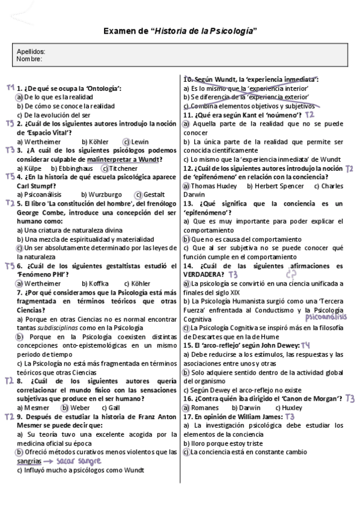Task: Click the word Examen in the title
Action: [120, 31]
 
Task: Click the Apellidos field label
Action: [31, 52]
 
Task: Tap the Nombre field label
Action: [29, 59]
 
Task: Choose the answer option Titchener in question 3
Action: [124, 168]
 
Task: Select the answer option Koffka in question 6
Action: [98, 283]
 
